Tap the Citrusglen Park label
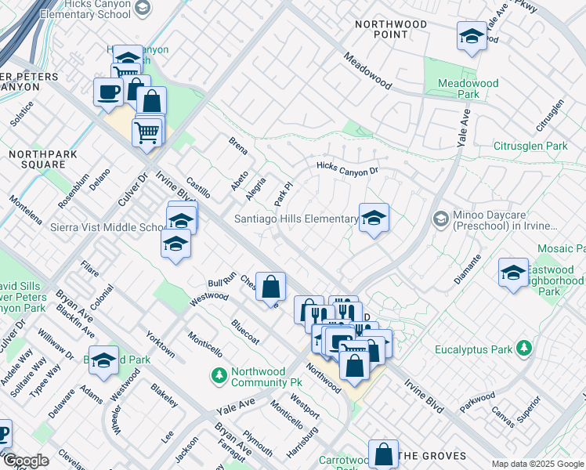530,146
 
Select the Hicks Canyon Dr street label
347,168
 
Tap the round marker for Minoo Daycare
440,219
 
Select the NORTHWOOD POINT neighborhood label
391,29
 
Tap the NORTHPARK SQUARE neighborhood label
43,159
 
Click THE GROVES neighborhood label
432,456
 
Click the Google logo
25,461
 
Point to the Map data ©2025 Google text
537,464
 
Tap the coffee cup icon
108,92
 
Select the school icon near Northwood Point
472,36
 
